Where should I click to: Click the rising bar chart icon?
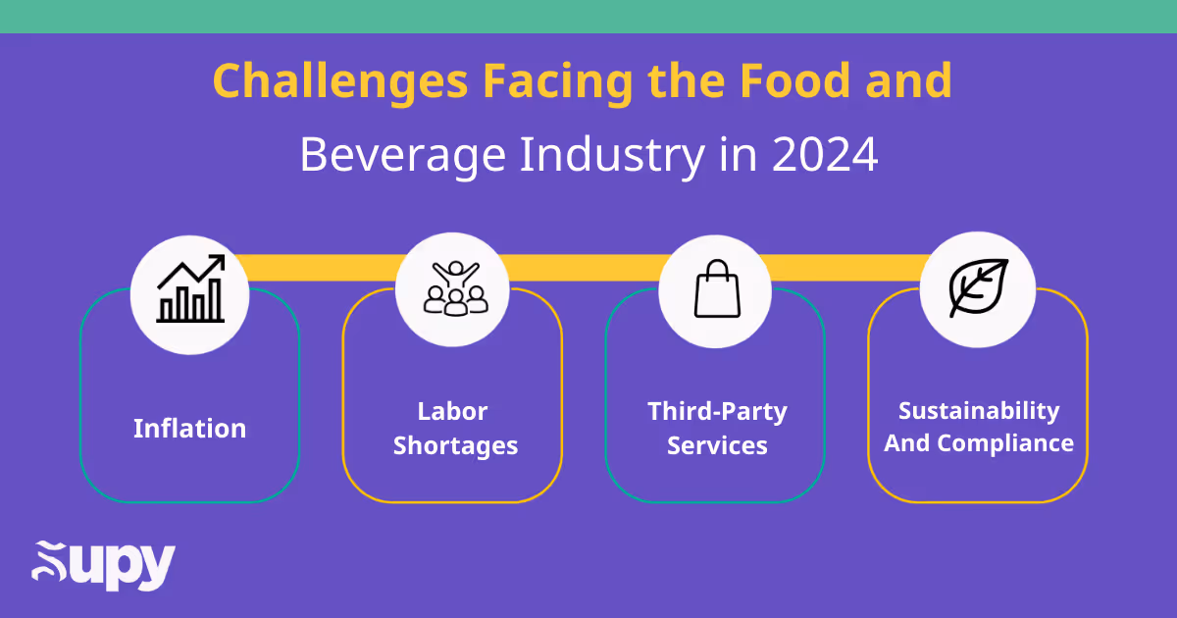pyautogui.click(x=190, y=290)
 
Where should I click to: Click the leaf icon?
pyautogui.click(x=978, y=288)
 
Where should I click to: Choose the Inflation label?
pyautogui.click(x=190, y=429)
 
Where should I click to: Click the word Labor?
pyautogui.click(x=452, y=411)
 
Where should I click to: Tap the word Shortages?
pyautogui.click(x=455, y=446)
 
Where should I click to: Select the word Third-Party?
pyautogui.click(x=717, y=411)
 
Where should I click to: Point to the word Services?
pyautogui.click(x=717, y=446)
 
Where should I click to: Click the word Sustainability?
pyautogui.click(x=979, y=411)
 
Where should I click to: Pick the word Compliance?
pyautogui.click(x=1005, y=443)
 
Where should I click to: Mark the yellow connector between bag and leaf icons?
pyautogui.click(x=847, y=265)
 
